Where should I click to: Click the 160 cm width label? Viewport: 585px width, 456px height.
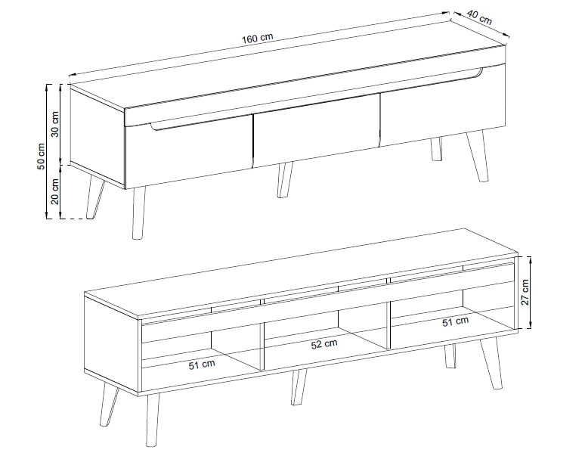[x=258, y=38]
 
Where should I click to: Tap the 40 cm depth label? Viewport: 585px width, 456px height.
[x=479, y=17]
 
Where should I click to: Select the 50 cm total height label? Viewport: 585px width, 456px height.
[x=41, y=156]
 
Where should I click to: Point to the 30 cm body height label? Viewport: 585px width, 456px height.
[x=55, y=124]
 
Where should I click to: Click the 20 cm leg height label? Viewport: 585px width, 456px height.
[x=55, y=191]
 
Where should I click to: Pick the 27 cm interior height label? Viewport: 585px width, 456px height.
[x=525, y=292]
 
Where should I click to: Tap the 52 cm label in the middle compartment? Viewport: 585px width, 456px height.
[x=324, y=344]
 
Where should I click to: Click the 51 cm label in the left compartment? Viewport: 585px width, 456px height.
[x=202, y=364]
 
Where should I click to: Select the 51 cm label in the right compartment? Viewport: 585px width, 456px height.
[x=456, y=321]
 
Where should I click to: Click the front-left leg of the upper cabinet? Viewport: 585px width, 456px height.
[x=139, y=212]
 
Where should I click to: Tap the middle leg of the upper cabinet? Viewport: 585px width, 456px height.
[x=285, y=179]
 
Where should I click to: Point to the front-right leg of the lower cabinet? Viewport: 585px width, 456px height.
[x=491, y=363]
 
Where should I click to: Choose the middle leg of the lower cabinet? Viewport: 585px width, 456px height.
[x=299, y=387]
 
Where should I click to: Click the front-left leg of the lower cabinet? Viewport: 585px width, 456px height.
[x=152, y=420]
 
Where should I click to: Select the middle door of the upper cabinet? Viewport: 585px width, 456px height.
[x=317, y=131]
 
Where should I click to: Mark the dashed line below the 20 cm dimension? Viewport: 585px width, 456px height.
[x=76, y=219]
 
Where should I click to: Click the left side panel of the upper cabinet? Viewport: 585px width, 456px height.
[x=97, y=137]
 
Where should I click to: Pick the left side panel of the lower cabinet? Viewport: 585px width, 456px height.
[x=111, y=343]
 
